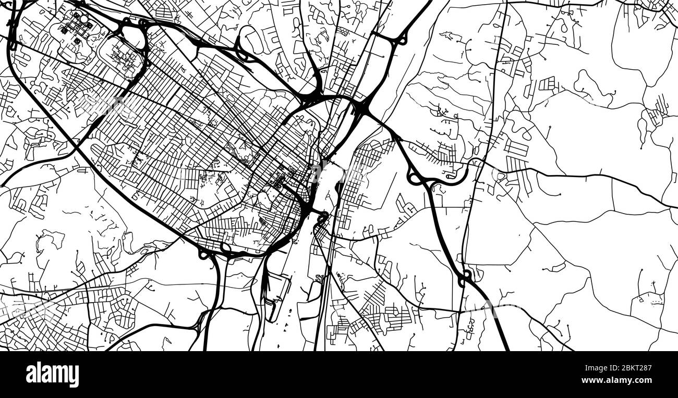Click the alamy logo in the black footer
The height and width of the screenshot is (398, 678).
coord(53,375)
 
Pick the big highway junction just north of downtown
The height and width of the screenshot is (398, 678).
coord(360,108)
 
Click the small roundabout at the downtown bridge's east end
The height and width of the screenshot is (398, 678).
coord(323,214)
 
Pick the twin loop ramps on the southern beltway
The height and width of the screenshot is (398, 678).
coord(214,252)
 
